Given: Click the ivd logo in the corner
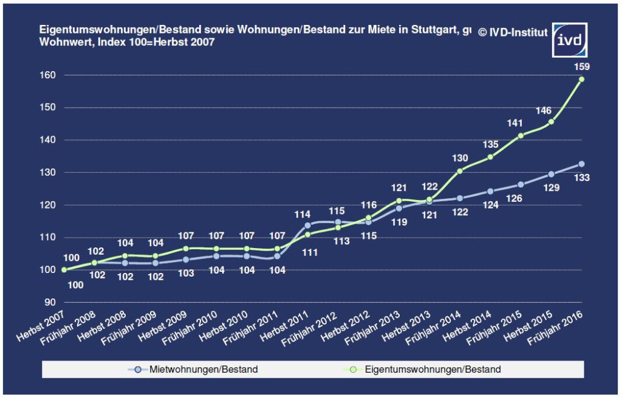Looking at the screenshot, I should [570, 40].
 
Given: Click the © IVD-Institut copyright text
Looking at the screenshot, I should [513, 32].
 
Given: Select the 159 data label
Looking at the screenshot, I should [582, 66].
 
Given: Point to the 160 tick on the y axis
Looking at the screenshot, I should [49, 75].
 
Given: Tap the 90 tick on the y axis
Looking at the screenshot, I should [51, 303].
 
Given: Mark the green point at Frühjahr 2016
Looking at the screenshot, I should [581, 79].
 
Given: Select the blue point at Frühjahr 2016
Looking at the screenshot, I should [581, 164].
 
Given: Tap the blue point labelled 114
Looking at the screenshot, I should [307, 226].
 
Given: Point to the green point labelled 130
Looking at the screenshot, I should [460, 171].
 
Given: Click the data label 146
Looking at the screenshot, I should [544, 111].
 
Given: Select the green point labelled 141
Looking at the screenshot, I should [521, 136].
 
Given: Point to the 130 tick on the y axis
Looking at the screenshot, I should [49, 173].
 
